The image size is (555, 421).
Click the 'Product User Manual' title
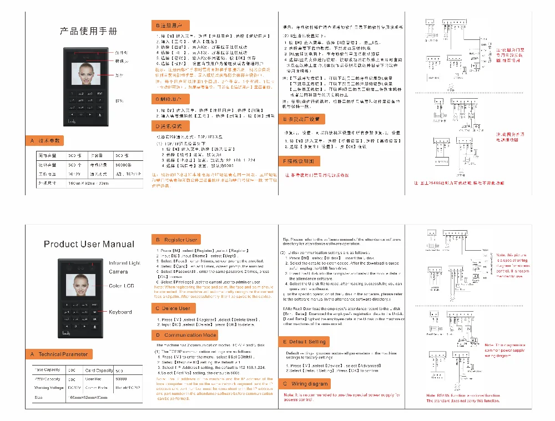(x=89, y=244)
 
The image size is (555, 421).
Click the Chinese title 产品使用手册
(x=89, y=31)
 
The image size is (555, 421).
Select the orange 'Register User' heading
(x=175, y=240)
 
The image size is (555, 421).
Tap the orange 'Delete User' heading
(x=173, y=308)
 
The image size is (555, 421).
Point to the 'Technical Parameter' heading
(x=59, y=354)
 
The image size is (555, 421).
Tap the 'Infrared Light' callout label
(x=125, y=263)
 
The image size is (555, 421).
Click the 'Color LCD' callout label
(x=122, y=286)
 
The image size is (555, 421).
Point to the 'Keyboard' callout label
(x=120, y=312)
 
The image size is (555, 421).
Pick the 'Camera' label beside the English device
(x=118, y=271)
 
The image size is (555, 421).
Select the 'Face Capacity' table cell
(x=48, y=370)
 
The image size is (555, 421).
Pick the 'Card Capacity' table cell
(x=99, y=370)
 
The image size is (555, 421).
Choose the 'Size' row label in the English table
(x=39, y=397)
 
